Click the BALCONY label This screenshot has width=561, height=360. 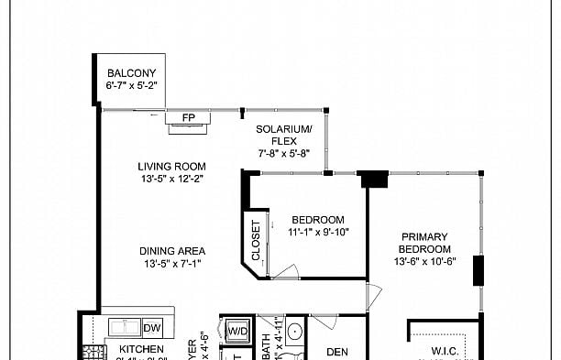coord(132,73)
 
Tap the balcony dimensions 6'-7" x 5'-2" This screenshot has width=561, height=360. coord(132,87)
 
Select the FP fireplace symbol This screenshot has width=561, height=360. coord(188,117)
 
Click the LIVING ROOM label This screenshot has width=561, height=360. coord(171,166)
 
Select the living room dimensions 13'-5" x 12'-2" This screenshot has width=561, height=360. coord(171,179)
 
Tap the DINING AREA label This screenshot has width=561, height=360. coord(171,251)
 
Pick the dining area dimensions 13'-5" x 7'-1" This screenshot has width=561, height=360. coord(171,264)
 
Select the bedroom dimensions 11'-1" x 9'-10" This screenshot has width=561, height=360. coord(318,233)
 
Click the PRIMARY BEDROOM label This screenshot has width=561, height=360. coord(425,243)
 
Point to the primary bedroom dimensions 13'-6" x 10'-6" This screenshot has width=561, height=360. coord(425,262)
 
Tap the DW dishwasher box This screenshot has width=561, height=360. coord(152,327)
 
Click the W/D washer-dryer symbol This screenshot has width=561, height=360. coord(237,330)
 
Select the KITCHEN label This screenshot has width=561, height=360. coord(141,350)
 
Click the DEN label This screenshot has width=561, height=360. coord(337,351)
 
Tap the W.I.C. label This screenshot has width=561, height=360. coord(444,351)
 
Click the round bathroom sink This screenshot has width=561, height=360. coord(295,332)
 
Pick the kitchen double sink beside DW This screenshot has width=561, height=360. coord(125,327)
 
